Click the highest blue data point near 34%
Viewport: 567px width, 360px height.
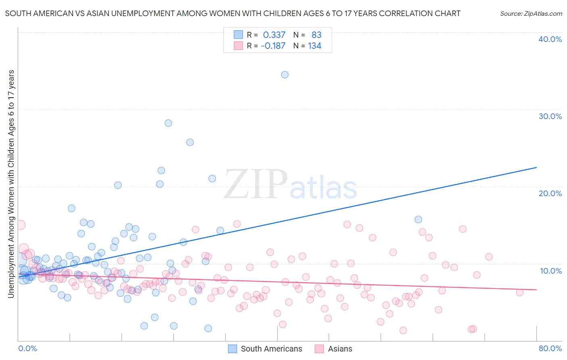click(x=285, y=75)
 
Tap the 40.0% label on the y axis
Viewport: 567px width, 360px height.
click(x=550, y=39)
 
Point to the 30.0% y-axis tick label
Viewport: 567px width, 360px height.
click(x=550, y=116)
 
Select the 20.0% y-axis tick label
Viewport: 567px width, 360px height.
click(x=550, y=193)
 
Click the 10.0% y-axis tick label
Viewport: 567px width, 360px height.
click(x=551, y=271)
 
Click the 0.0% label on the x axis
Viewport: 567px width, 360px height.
click(x=27, y=348)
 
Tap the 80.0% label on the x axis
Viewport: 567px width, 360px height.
click(x=550, y=348)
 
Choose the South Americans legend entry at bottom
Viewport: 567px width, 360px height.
click(x=271, y=349)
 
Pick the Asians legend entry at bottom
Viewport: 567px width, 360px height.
click(x=340, y=349)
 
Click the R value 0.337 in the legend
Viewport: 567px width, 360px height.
click(x=274, y=35)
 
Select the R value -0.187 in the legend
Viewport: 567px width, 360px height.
click(x=273, y=46)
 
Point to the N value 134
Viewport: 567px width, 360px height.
click(x=315, y=46)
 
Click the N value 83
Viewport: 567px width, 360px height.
click(x=316, y=35)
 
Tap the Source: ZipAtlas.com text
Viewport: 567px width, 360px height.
click(x=531, y=13)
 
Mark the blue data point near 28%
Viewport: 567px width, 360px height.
click(x=168, y=123)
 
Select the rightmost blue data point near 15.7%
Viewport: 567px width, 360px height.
click(x=418, y=220)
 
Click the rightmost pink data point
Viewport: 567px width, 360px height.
click(x=520, y=293)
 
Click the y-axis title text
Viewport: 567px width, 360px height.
click(x=11, y=184)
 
